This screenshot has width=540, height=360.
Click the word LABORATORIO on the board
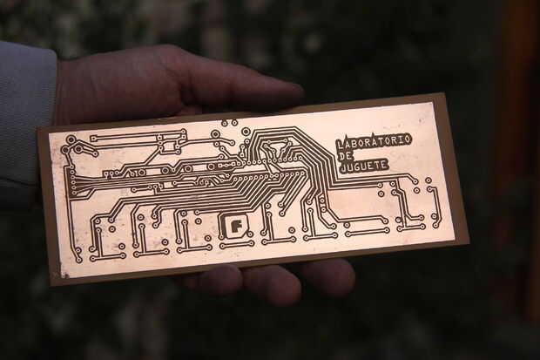(x=375, y=141)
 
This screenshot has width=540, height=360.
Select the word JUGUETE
(x=364, y=166)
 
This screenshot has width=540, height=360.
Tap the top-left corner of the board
(x=38, y=130)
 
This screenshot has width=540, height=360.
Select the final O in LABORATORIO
(x=407, y=138)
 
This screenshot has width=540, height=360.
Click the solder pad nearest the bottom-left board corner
(x=78, y=259)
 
